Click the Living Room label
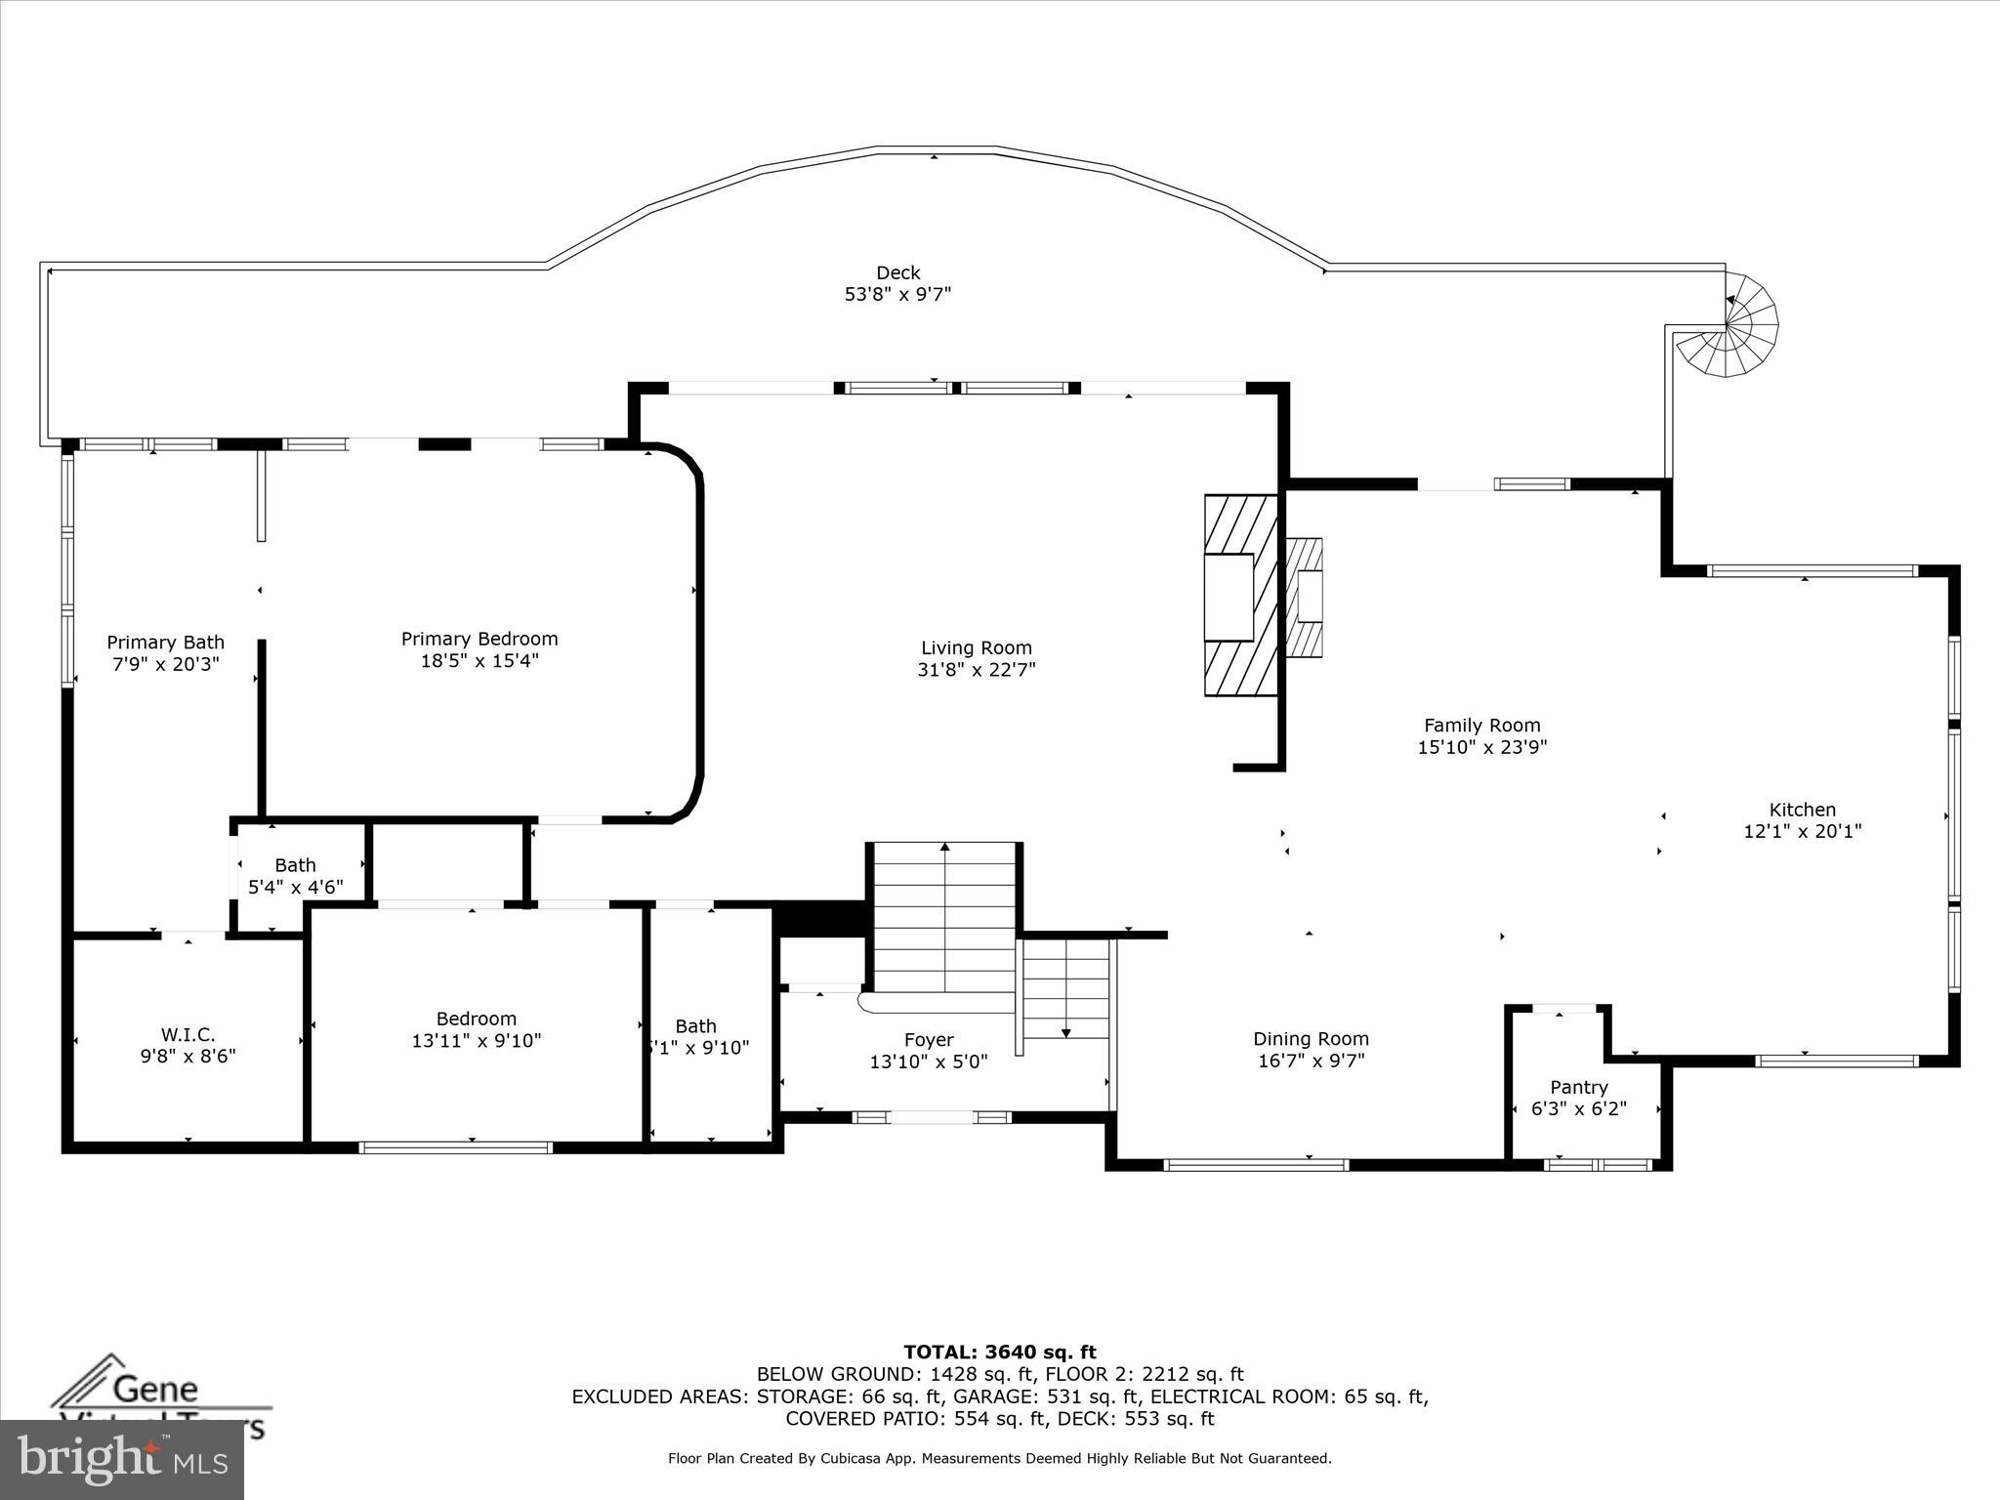pos(976,648)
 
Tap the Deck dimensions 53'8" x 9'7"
pos(897,294)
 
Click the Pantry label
pos(1578,1087)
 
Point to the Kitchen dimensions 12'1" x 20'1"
pos(1802,831)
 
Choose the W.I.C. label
pos(187,1034)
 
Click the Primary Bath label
pos(165,643)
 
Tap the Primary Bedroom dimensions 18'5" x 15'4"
pos(479,661)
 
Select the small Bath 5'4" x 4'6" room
pos(296,875)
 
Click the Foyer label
pos(928,1040)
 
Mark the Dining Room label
pos(1311,1039)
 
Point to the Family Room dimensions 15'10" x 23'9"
pos(1481,747)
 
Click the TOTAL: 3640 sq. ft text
pos(999,1353)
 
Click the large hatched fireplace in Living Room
pos(1240,596)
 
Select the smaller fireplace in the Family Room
pos(1306,597)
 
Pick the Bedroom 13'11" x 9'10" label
pos(476,1019)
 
